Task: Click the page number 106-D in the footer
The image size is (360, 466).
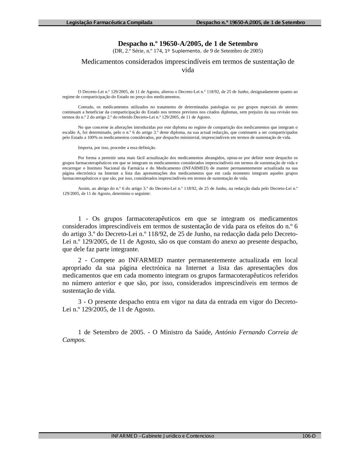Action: (x=309, y=436)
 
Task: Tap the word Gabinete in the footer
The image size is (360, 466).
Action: (x=152, y=436)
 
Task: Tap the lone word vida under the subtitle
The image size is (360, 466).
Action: (x=188, y=70)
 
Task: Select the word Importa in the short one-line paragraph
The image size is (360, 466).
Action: (x=85, y=148)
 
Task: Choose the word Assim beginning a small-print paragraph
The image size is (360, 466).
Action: (x=84, y=188)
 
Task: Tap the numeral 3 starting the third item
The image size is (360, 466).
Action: (x=80, y=301)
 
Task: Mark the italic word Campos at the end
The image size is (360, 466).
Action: (x=74, y=340)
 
